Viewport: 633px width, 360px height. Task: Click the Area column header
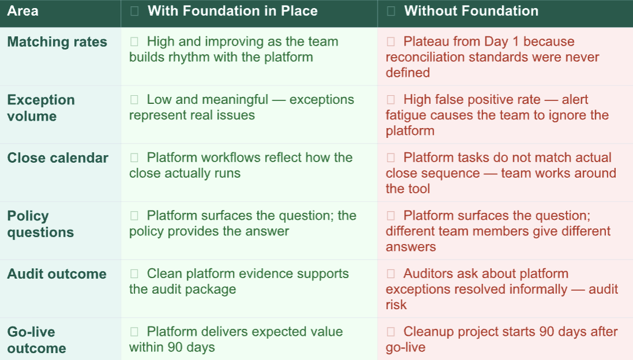pos(22,11)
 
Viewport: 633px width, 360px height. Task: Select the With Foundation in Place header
pos(232,11)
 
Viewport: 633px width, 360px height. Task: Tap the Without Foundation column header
pos(471,11)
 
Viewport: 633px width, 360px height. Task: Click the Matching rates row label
pos(57,42)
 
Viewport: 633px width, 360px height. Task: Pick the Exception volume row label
pos(41,108)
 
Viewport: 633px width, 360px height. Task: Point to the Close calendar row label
pos(58,157)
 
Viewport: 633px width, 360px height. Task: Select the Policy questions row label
pos(40,224)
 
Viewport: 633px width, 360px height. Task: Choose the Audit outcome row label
pos(57,273)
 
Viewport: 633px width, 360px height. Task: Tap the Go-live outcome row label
pos(36,340)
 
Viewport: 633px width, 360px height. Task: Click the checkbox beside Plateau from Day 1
pos(391,42)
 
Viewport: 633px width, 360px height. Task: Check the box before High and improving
pos(134,42)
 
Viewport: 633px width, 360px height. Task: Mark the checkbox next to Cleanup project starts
pos(391,332)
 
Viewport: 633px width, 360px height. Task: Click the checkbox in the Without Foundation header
pos(391,11)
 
